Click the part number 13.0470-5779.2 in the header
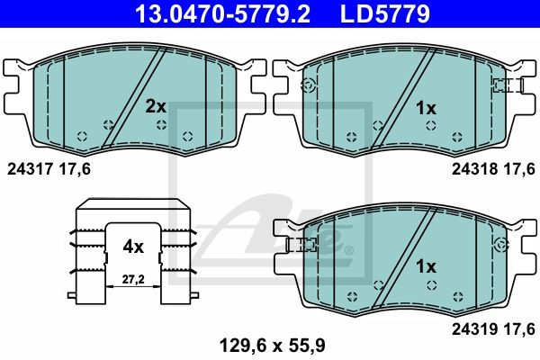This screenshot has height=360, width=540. point(223,13)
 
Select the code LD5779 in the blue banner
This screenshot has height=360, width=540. point(385,13)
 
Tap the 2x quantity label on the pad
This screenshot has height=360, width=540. point(156,107)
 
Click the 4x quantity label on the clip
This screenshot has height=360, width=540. point(133,247)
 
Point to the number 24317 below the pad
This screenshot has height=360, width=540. point(30,169)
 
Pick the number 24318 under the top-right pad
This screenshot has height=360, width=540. point(474,169)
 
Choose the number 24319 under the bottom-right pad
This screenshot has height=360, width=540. point(474,329)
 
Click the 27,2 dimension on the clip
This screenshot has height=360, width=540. point(133,280)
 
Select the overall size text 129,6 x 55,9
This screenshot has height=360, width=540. point(272,346)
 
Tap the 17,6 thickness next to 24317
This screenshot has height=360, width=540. point(75,169)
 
